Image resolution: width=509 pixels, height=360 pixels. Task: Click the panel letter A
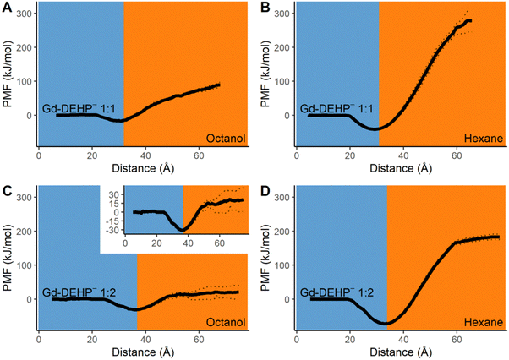click(7, 8)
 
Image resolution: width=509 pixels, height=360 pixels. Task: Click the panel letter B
click(261, 8)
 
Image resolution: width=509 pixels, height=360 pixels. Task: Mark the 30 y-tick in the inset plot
click(118, 194)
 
